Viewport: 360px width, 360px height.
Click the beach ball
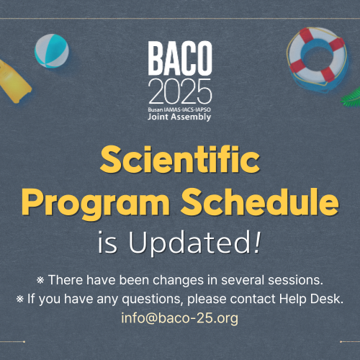coord(52,51)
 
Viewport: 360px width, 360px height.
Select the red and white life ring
coord(318,55)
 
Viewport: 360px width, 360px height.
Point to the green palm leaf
coord(351,97)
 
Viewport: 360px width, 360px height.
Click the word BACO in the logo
coord(180,58)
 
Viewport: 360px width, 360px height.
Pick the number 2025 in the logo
coord(180,91)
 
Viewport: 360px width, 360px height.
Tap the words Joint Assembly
coord(179,117)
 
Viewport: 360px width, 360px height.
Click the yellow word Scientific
coord(180,159)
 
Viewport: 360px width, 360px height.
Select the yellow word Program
coord(96,204)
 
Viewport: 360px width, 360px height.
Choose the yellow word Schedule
coord(260,202)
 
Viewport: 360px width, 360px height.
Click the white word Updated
coord(189,242)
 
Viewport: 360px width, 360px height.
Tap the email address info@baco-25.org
coord(180,318)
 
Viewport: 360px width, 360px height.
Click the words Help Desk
coord(311,299)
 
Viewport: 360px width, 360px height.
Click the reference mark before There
coord(40,280)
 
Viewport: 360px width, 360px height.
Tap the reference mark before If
coord(20,300)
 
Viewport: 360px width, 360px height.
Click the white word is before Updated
coord(107,243)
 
